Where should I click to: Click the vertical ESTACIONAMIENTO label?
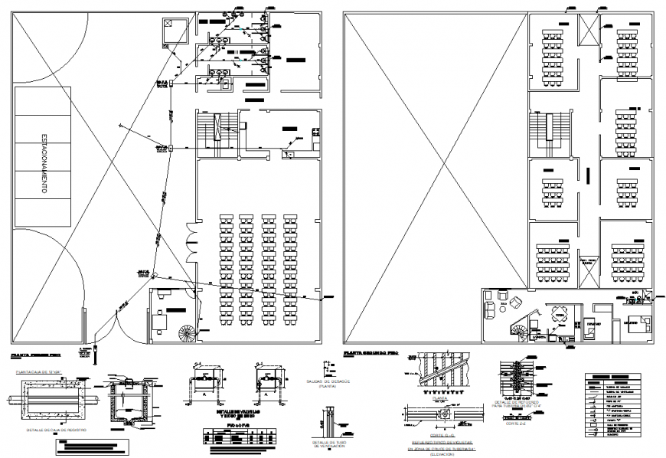[35, 175]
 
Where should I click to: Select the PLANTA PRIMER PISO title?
[33, 356]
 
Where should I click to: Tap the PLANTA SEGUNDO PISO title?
[371, 354]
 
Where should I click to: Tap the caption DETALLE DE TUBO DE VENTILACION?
[329, 443]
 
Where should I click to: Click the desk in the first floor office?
[161, 320]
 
